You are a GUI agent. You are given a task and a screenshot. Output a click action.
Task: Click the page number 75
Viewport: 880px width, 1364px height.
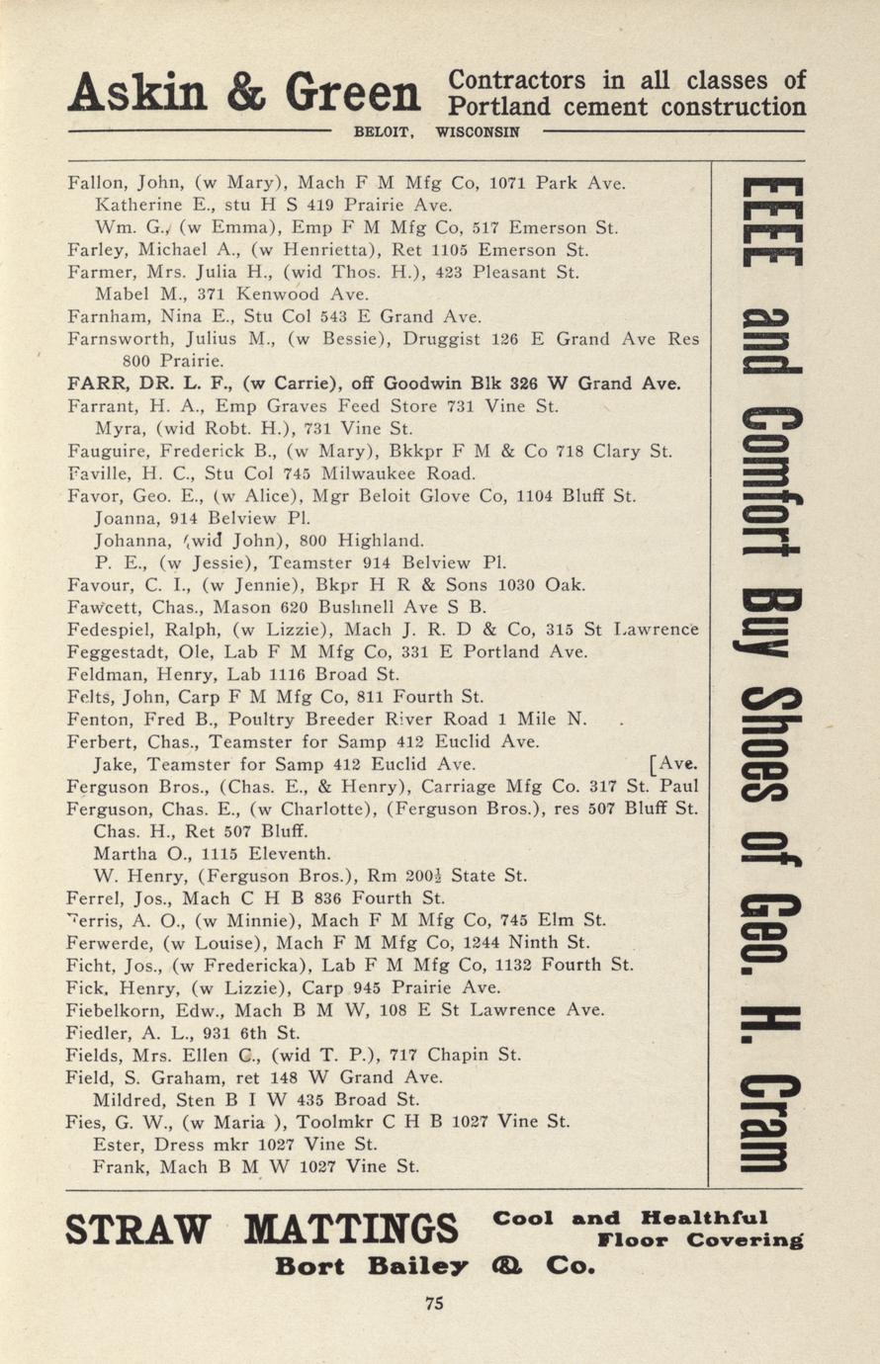[434, 1303]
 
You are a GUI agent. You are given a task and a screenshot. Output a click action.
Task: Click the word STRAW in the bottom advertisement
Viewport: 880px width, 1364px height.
[138, 1232]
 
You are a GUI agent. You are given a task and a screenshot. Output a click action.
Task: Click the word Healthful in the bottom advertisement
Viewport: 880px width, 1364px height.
[704, 1217]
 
